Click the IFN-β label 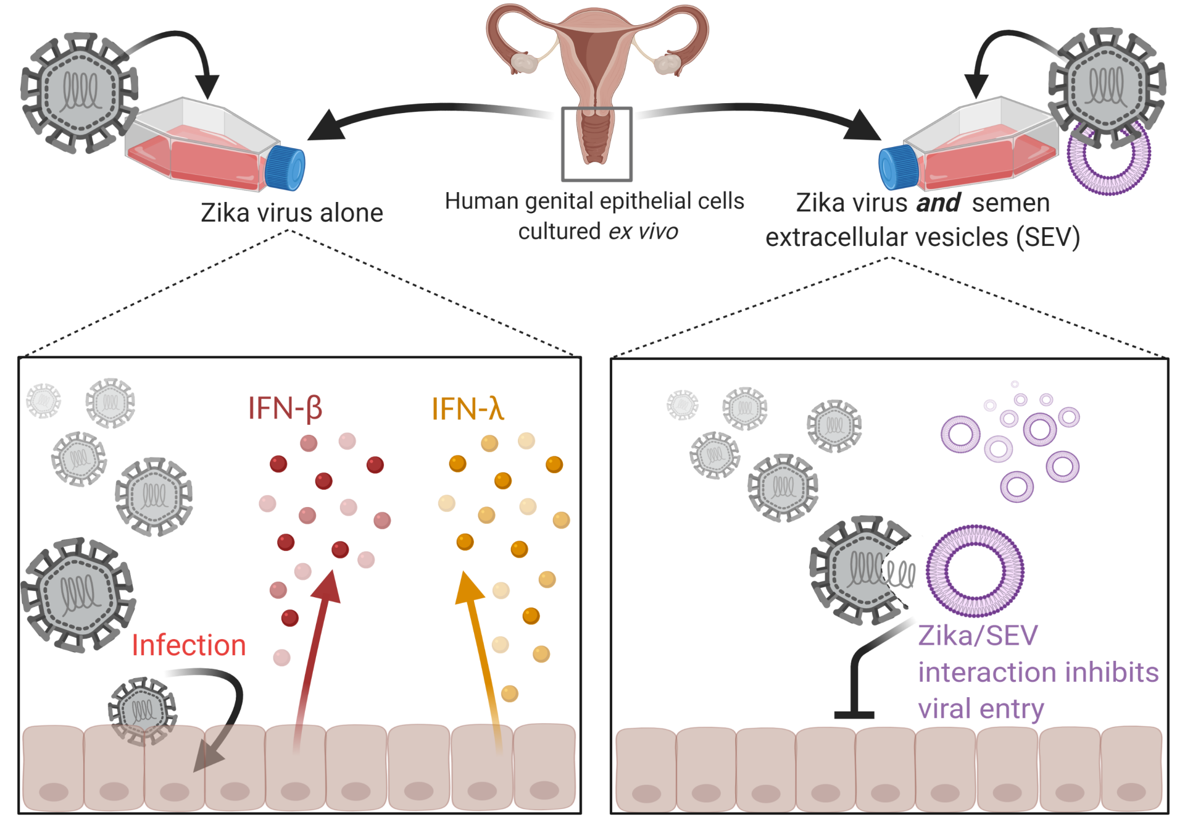click(x=285, y=408)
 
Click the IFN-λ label click(x=467, y=408)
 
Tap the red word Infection click(x=189, y=645)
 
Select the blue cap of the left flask click(x=285, y=167)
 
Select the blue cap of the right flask click(x=898, y=167)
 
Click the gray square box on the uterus click(x=596, y=144)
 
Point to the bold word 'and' click(x=938, y=203)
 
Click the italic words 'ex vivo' click(x=643, y=232)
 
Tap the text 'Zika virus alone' click(x=292, y=213)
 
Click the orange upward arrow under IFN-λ click(x=481, y=648)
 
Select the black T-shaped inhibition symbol click(x=855, y=692)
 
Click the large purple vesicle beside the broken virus click(x=975, y=571)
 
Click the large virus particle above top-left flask click(x=78, y=93)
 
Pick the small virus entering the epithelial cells click(x=143, y=710)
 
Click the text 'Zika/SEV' click(x=978, y=635)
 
